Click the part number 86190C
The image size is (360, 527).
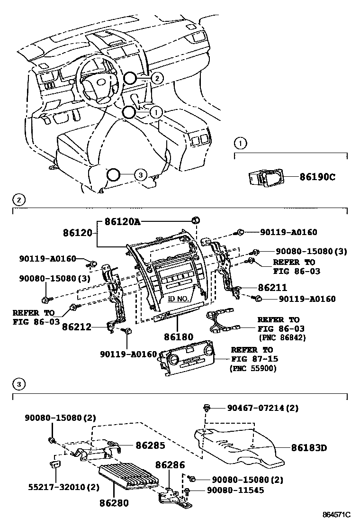pos(317,177)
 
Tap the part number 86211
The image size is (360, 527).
pos(272,288)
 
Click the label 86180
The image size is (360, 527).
pos(179,337)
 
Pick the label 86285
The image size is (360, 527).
pos(150,445)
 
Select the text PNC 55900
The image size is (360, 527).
pos(253,368)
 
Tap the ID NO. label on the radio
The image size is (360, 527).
pos(178,299)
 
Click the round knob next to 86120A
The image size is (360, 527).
pos(195,219)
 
